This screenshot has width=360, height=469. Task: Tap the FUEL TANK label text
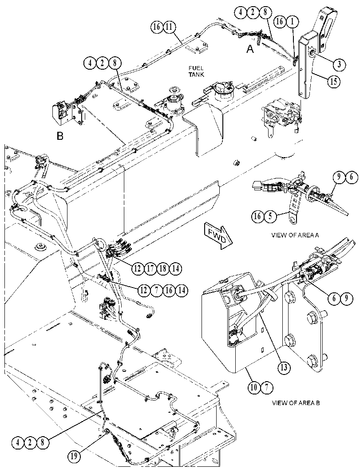[196, 71]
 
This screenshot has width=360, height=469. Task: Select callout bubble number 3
[339, 64]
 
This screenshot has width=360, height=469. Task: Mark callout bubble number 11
[169, 27]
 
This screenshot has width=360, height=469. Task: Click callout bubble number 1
[293, 22]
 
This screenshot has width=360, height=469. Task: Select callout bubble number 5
[270, 216]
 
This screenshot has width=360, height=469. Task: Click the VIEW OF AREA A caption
[295, 235]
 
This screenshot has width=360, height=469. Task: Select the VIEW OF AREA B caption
[296, 403]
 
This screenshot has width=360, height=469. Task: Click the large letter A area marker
[250, 49]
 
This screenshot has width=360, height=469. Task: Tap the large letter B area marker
[60, 136]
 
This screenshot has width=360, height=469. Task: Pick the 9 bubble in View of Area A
[339, 177]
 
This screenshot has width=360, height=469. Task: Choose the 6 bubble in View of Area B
[334, 298]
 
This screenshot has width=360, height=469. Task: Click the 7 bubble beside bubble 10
[267, 388]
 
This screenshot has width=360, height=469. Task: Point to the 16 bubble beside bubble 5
[257, 216]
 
